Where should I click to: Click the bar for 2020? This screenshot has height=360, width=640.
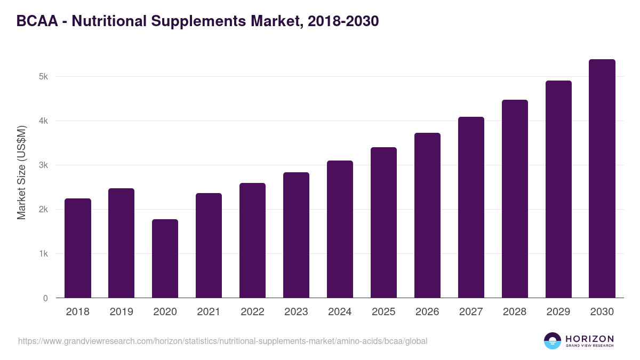coord(165,259)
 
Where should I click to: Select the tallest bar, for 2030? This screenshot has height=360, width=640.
coord(602,179)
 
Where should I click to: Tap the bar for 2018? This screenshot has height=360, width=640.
coord(78,248)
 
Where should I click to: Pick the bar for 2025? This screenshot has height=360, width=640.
coord(383,222)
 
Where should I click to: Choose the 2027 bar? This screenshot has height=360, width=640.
coord(471,207)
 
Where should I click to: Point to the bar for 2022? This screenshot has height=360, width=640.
coord(252,241)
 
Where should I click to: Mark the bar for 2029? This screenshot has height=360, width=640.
coord(558,189)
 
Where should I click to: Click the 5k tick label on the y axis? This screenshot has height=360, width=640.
coord(43,77)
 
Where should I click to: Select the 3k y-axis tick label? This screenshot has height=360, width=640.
coord(43,165)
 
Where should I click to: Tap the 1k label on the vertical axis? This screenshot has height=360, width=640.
coord(43,254)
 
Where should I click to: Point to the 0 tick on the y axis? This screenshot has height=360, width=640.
coord(45,298)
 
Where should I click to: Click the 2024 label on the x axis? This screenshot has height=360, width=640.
coord(340,312)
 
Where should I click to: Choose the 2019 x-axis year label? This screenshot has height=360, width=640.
coord(122,312)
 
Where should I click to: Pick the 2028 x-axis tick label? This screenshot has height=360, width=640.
coord(515,312)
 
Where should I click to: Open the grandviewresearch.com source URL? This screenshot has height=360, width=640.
coord(222,341)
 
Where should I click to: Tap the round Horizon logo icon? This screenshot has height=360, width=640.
coord(553,341)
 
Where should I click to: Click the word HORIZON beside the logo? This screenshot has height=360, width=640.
coord(589,339)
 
